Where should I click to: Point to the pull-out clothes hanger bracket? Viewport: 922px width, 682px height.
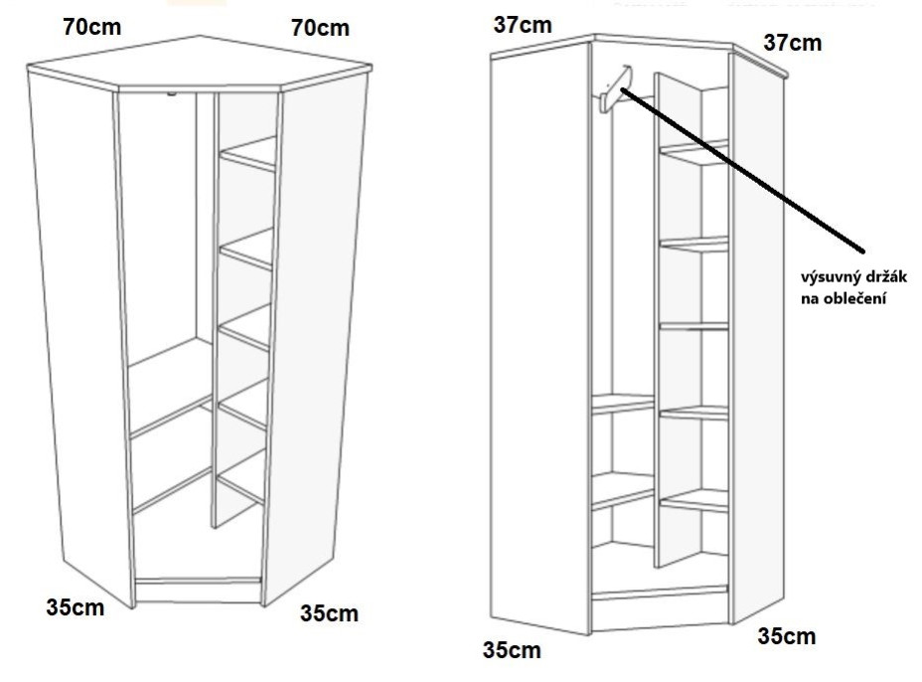[x=614, y=90]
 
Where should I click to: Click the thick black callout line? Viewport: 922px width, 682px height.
[x=742, y=171]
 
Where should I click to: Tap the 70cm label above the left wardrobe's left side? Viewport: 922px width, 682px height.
[x=92, y=27]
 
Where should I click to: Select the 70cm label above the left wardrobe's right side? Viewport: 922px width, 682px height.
[x=320, y=28]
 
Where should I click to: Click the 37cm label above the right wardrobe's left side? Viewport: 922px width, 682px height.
[x=523, y=25]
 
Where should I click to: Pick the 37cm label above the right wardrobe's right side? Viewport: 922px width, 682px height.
[x=793, y=43]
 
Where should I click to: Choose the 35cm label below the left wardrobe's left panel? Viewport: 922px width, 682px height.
[x=76, y=607]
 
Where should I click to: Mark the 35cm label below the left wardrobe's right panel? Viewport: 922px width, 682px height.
[x=329, y=613]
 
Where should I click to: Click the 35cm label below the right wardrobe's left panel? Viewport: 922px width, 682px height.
[x=512, y=650]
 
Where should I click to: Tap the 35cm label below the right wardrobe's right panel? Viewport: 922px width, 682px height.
[x=787, y=636]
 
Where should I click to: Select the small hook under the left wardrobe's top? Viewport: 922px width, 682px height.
[x=171, y=93]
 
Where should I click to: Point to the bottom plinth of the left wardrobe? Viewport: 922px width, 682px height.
[x=198, y=592]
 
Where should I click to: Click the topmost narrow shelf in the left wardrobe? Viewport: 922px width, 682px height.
[x=247, y=155]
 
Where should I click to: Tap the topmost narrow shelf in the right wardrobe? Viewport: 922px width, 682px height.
[x=693, y=152]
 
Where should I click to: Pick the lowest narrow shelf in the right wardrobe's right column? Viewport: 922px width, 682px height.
[x=693, y=501]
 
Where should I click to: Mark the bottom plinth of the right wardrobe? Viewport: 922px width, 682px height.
[x=659, y=607]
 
